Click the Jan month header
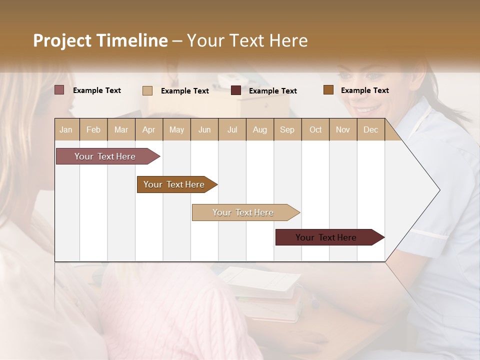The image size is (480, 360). click(x=66, y=129)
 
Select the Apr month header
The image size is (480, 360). click(x=148, y=129)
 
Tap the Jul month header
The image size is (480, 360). click(x=232, y=129)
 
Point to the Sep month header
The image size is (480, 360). click(x=287, y=129)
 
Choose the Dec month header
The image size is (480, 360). click(x=370, y=129)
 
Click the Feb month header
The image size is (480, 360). click(x=93, y=129)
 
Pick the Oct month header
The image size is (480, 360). click(x=315, y=129)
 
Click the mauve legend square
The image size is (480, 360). click(x=59, y=90)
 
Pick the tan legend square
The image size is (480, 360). click(x=147, y=90)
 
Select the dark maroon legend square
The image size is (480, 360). click(x=236, y=90)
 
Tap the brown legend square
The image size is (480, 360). click(x=328, y=90)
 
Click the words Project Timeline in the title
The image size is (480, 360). click(x=100, y=40)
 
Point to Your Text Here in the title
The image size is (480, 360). click(x=247, y=40)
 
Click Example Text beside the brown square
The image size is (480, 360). click(x=364, y=90)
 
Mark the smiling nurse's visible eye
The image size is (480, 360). click(x=374, y=76)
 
